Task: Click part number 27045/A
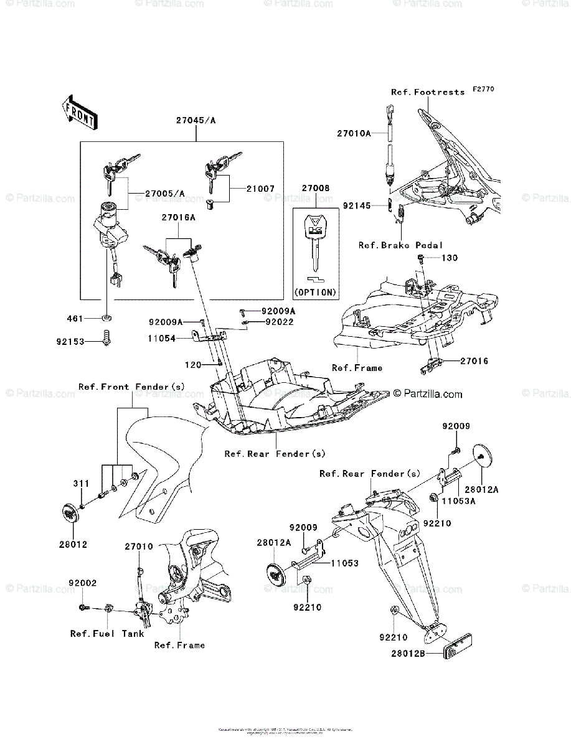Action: pos(196,121)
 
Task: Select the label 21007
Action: pos(260,187)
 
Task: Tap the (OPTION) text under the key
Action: pos(314,291)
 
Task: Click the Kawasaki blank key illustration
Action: pos(314,243)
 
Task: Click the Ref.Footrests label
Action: pos(428,92)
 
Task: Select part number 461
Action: pos(75,319)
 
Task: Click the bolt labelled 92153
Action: pos(107,339)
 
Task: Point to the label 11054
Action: pos(162,338)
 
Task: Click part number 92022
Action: pos(279,322)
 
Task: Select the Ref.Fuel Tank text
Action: pos(107,634)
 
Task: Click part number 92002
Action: pos(82,583)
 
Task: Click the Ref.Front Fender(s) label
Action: pos(131,387)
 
